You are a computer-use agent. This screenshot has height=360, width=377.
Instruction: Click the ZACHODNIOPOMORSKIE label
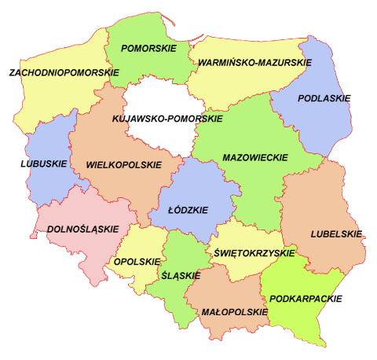coord(64,72)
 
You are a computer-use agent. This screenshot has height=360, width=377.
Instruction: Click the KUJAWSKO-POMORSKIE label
coord(167,119)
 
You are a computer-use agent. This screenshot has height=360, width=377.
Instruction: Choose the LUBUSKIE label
coord(44,165)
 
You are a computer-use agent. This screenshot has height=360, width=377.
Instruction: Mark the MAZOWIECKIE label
coord(255,157)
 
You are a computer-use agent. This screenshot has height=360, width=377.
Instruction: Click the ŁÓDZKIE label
coord(188,211)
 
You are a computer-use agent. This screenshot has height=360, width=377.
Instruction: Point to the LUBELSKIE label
coord(336,233)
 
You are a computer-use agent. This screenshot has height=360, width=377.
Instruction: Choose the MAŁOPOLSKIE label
coord(227,312)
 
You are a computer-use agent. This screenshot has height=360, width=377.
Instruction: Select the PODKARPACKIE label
coord(305,299)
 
